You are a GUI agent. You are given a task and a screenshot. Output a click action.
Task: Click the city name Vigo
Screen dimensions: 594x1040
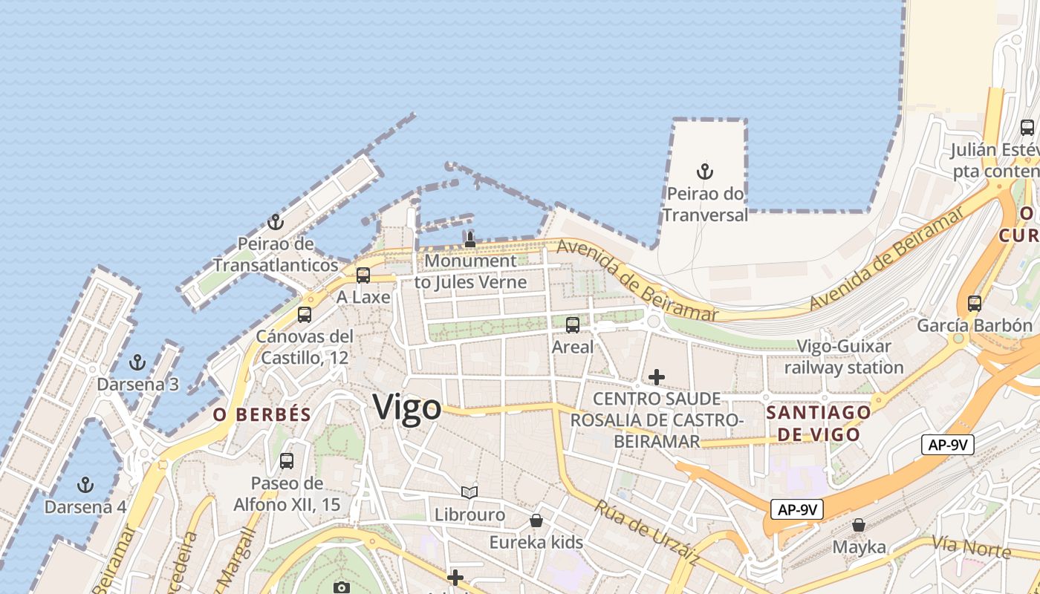point(407,407)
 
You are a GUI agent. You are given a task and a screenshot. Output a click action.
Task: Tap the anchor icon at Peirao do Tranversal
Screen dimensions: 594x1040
point(704,172)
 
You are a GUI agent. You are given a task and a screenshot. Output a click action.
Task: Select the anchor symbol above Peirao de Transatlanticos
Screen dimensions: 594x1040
point(276,222)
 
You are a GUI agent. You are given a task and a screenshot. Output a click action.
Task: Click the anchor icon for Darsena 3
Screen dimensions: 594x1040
point(137,362)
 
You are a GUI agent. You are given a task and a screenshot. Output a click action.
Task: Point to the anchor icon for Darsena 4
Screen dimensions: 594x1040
point(85,485)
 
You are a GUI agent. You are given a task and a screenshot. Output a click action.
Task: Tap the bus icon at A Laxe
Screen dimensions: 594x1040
point(363,275)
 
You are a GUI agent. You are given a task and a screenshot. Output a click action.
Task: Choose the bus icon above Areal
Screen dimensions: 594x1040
point(572,324)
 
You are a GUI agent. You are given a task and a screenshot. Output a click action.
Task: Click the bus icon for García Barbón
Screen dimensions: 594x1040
point(974,303)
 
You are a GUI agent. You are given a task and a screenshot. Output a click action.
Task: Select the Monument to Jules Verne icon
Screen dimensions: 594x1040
point(469,239)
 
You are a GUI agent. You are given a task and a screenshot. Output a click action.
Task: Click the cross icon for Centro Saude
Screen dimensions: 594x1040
point(657,377)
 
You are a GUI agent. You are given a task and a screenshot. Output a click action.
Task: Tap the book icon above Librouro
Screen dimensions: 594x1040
point(469,492)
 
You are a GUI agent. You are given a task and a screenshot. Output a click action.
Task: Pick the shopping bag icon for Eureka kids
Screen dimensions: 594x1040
point(536,520)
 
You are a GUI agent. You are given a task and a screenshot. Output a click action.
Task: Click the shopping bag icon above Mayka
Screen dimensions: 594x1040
point(859,525)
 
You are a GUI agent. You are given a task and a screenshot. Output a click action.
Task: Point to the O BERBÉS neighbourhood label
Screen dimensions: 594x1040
point(262,415)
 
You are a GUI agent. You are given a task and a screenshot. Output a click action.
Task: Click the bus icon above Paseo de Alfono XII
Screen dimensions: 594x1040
point(287,461)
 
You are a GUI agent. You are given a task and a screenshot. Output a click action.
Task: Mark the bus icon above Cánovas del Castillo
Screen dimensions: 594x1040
point(305,314)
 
